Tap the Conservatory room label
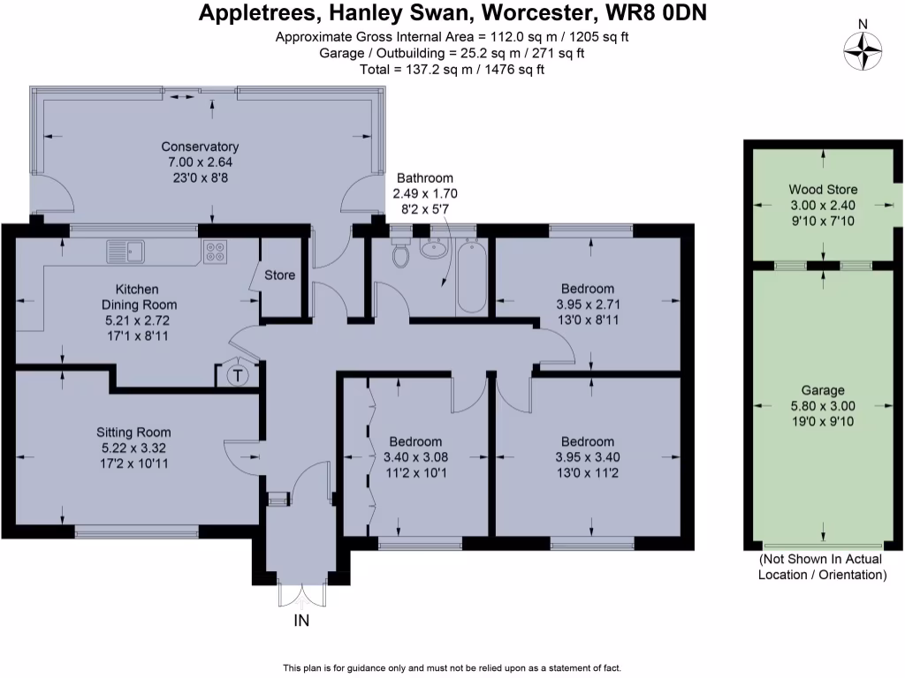pos(200,147)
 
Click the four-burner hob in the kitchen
pos(215,252)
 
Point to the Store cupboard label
pos(280,275)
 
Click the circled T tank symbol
pos(237,376)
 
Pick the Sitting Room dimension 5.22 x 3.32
pos(133,448)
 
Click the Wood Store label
pos(823,190)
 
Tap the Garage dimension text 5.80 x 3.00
pos(823,406)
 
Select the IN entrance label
pos(301,621)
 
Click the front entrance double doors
pos(301,593)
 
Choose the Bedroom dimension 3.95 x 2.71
pos(588,305)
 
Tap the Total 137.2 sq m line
pos(452,69)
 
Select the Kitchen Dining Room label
pos(137,297)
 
